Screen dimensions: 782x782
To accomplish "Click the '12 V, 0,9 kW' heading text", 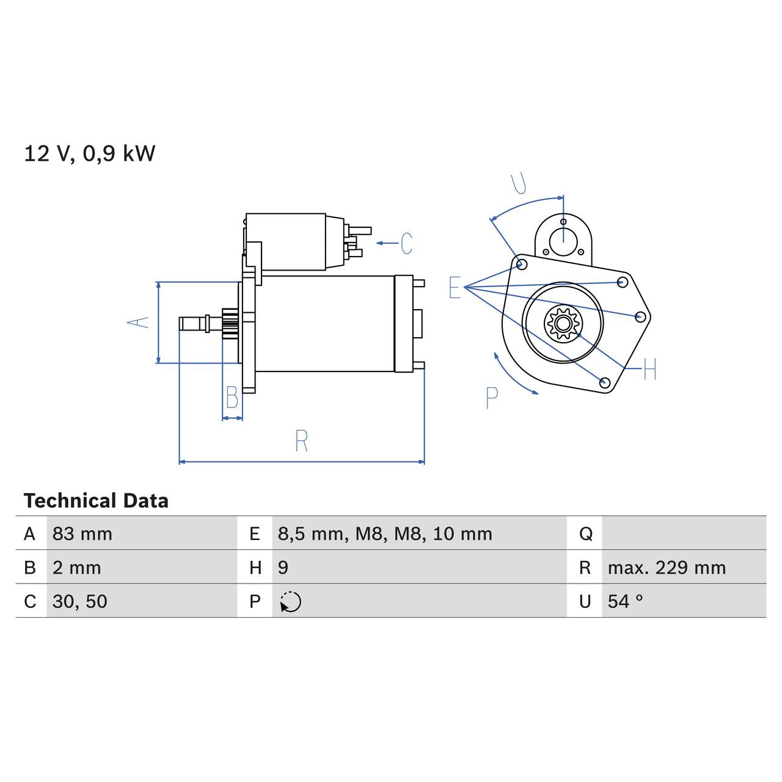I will tap(90, 153).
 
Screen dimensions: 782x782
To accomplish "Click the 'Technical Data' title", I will tap(96, 501).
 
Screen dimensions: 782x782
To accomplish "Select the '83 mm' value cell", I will tap(82, 534).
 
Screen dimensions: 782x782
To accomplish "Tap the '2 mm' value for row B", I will tap(76, 568).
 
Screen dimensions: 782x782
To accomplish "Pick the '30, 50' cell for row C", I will tap(80, 601).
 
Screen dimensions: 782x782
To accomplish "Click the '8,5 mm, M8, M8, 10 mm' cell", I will tap(385, 534).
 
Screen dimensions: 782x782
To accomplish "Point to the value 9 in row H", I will tap(283, 568).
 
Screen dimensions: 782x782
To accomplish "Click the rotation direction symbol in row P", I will tap(291, 602).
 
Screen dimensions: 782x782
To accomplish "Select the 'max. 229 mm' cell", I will tap(667, 568).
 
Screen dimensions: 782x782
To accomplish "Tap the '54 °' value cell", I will tap(625, 601).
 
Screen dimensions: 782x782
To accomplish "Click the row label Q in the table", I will tap(585, 534).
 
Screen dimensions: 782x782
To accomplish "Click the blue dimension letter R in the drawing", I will tap(301, 441).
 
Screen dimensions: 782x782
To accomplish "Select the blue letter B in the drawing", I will tap(232, 398).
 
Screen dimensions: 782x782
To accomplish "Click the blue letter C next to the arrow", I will tap(406, 243).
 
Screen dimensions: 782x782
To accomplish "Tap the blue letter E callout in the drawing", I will tap(455, 287).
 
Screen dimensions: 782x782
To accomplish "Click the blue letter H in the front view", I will tap(649, 369).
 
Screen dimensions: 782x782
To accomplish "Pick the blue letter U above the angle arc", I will tap(519, 183).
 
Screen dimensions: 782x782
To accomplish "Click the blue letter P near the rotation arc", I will tap(492, 398).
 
